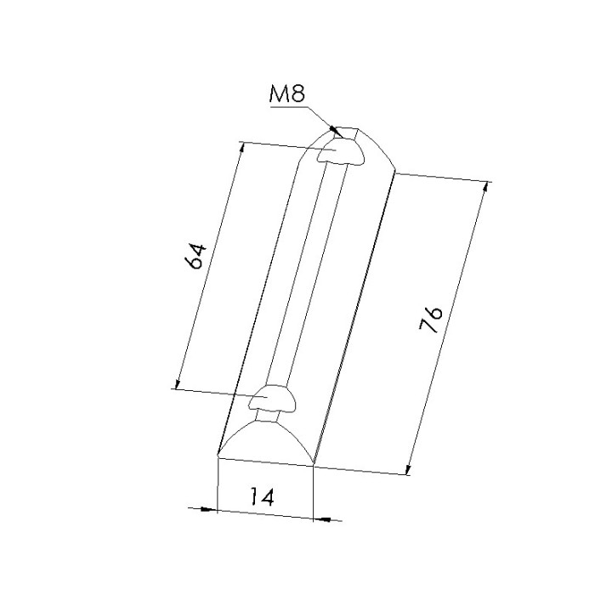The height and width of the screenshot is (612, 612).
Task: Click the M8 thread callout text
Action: [x=287, y=93]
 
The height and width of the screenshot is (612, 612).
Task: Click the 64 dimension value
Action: [x=195, y=256]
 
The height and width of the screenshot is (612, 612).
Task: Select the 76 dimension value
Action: [x=431, y=319]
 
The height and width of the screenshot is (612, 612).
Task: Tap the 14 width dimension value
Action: [x=262, y=496]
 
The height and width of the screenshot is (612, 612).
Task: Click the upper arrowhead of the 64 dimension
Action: [x=242, y=148]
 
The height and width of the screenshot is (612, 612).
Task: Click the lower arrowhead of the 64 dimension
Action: [x=178, y=384]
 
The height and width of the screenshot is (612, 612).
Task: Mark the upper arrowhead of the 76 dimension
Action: [x=485, y=188]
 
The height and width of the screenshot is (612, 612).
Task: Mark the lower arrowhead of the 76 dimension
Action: [x=408, y=469]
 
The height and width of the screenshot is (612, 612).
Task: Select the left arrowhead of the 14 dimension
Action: [x=208, y=509]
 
